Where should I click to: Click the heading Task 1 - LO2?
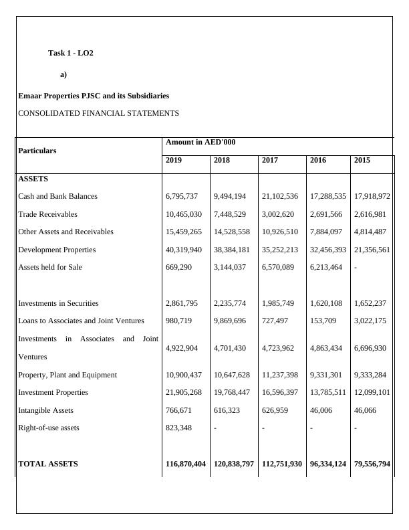tap(71, 53)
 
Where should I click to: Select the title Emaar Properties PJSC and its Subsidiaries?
tap(94, 96)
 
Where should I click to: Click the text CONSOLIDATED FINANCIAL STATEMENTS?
tap(98, 113)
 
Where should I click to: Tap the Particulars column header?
tap(37, 151)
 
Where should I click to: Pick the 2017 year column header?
tap(270, 161)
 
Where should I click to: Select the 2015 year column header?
tap(363, 161)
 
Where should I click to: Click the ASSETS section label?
tap(33, 179)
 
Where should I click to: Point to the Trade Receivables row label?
tap(47, 214)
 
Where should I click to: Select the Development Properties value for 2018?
tap(231, 250)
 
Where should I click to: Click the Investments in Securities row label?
tap(58, 303)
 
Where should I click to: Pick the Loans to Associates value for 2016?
tap(323, 321)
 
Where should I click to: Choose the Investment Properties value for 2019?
tap(184, 392)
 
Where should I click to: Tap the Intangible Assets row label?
tap(45, 410)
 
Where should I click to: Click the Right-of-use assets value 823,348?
tap(179, 428)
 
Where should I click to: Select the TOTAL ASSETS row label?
tap(47, 464)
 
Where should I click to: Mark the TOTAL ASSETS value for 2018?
tap(233, 464)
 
